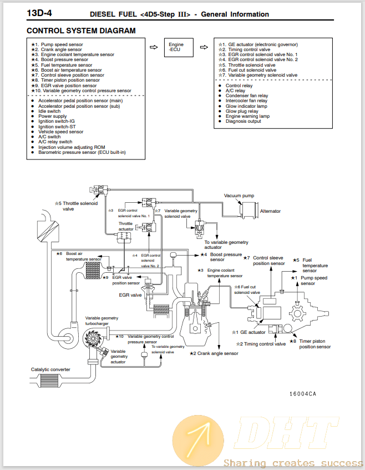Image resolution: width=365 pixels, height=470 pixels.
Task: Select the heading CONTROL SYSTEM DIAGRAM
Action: click(x=81, y=31)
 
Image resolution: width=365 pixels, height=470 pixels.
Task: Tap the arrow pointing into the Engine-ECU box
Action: click(x=154, y=47)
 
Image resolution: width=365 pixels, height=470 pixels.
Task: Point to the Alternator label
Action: click(x=270, y=211)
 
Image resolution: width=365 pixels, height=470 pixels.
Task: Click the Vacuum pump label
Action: click(x=239, y=196)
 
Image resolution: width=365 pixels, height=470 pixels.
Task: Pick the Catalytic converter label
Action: click(x=50, y=369)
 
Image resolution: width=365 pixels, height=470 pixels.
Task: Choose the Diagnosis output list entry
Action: click(x=243, y=121)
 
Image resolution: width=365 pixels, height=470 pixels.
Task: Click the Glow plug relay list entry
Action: click(x=242, y=111)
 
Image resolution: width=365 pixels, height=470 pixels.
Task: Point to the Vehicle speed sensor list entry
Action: click(x=61, y=132)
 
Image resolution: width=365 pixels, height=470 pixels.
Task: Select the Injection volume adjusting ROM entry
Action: click(x=72, y=147)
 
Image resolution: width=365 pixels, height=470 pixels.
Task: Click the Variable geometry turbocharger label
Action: click(x=102, y=321)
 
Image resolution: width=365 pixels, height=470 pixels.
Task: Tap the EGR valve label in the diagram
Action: click(x=130, y=296)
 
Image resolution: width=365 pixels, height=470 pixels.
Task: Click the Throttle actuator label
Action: click(x=126, y=226)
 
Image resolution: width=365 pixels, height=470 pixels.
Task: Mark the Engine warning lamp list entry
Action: click(x=247, y=116)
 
